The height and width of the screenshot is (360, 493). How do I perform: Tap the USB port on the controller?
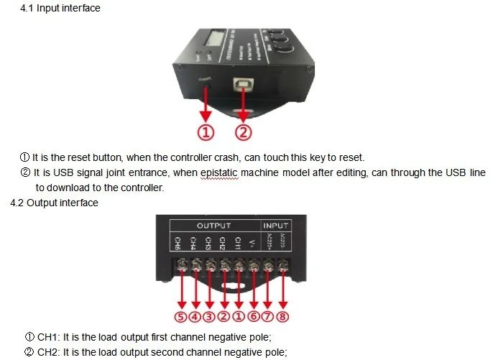tap(244, 84)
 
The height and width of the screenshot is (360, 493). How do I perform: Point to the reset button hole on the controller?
tap(206, 88)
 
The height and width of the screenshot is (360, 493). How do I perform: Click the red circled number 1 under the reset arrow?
tap(206, 132)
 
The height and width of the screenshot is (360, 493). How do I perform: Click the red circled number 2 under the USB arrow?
tap(244, 132)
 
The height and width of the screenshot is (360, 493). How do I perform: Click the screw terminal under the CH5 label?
tap(180, 267)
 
